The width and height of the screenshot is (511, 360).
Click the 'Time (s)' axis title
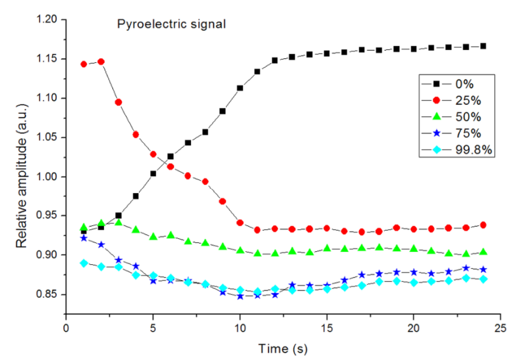tap(283, 347)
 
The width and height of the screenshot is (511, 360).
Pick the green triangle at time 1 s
tap(84, 227)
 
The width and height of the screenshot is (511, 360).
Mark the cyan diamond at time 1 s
tap(84, 263)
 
